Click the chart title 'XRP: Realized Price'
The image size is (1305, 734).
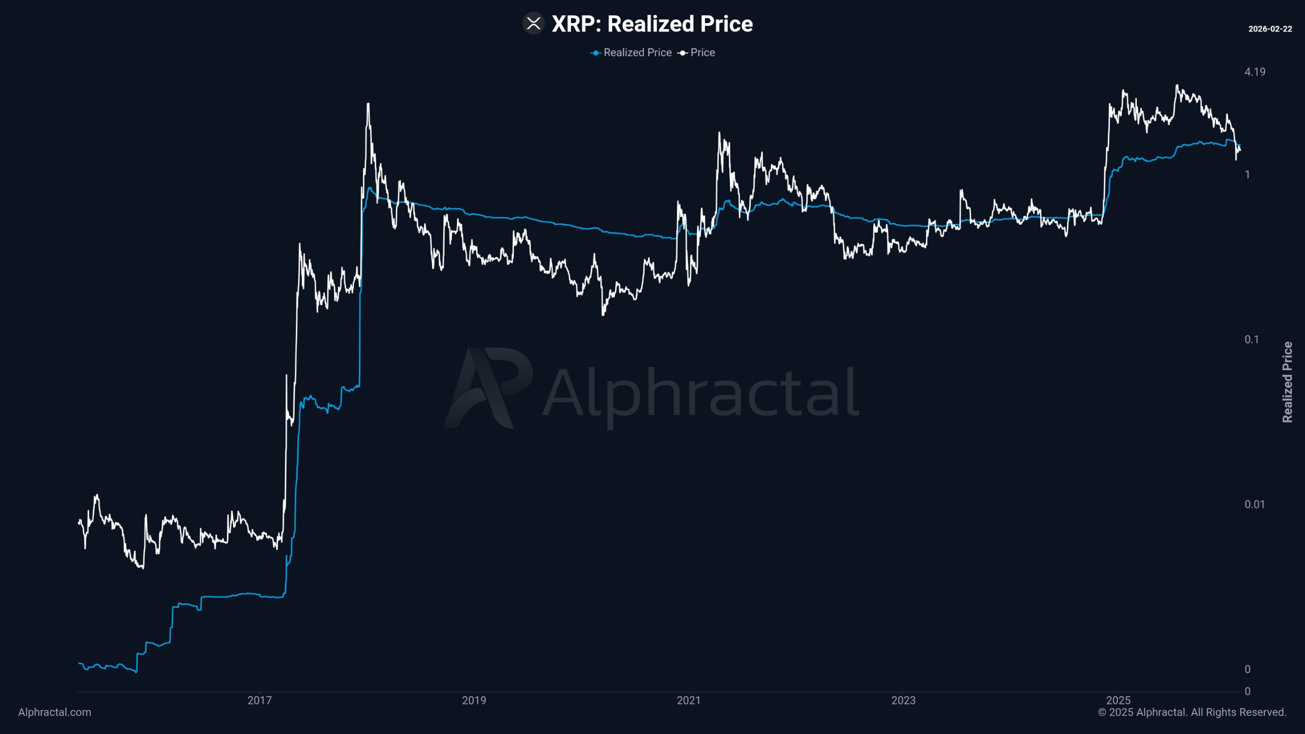pyautogui.click(x=652, y=24)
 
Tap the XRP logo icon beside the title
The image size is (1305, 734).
pyautogui.click(x=533, y=23)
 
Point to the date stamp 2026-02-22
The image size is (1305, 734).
pyautogui.click(x=1270, y=29)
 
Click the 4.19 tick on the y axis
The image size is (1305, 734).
pyautogui.click(x=1255, y=72)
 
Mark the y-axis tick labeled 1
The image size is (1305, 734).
pyautogui.click(x=1247, y=175)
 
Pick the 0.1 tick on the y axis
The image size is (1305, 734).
pyautogui.click(x=1251, y=339)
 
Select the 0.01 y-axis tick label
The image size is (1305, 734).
pyautogui.click(x=1254, y=504)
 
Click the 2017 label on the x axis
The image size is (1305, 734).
pyautogui.click(x=259, y=700)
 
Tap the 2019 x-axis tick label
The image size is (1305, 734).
pyautogui.click(x=474, y=700)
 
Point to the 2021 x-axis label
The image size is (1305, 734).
pyautogui.click(x=689, y=700)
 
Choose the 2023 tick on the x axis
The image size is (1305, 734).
pyautogui.click(x=903, y=700)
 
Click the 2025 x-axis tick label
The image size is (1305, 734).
pyautogui.click(x=1118, y=700)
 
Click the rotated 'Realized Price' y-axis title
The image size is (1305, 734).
pyautogui.click(x=1287, y=382)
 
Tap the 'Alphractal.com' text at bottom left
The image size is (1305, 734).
pyautogui.click(x=55, y=712)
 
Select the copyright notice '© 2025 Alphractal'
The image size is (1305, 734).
pyautogui.click(x=1192, y=712)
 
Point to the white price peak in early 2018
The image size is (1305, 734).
pyautogui.click(x=368, y=104)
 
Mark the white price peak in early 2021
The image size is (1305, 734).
pyautogui.click(x=719, y=134)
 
